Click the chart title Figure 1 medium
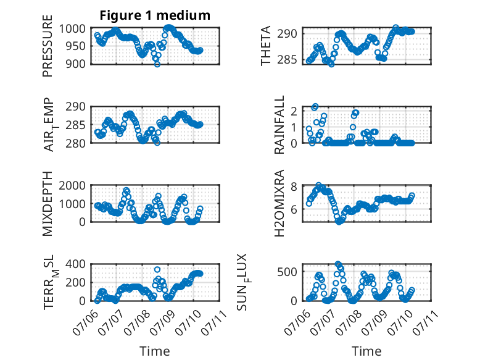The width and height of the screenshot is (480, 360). click(x=155, y=15)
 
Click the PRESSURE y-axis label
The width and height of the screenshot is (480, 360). click(x=48, y=46)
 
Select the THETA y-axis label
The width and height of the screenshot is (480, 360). click(x=266, y=46)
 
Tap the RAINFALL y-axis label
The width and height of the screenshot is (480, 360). click(x=279, y=125)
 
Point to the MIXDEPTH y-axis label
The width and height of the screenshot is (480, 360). click(x=48, y=204)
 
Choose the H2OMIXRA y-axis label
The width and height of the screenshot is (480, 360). click(x=279, y=203)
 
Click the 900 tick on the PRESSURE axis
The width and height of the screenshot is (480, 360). click(x=76, y=64)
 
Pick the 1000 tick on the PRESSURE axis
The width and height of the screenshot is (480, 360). click(x=72, y=29)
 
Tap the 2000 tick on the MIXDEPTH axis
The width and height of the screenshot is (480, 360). click(x=72, y=186)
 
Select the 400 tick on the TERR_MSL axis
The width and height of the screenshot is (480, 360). click(x=76, y=264)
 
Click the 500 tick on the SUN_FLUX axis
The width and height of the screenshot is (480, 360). click(x=287, y=272)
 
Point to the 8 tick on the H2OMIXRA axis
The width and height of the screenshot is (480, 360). click(x=294, y=186)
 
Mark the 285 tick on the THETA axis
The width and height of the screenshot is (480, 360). click(x=287, y=59)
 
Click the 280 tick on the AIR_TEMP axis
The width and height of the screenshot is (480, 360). click(x=76, y=143)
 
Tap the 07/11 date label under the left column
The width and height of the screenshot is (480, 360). click(x=214, y=322)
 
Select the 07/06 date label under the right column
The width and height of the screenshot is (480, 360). click(x=297, y=322)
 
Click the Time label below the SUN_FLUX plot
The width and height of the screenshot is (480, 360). click(x=366, y=351)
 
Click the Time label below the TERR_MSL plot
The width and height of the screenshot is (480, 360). click(x=155, y=351)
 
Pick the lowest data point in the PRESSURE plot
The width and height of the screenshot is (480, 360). click(x=157, y=64)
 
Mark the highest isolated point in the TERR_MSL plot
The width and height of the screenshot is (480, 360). click(x=157, y=270)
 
